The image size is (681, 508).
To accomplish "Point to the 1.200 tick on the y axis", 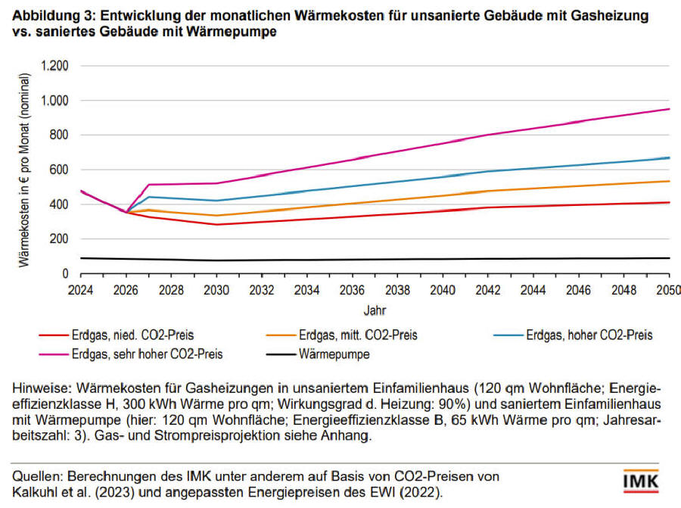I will [x=54, y=66].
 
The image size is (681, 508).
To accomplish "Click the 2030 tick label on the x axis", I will [x=216, y=290].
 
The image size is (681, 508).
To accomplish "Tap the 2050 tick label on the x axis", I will [x=668, y=290].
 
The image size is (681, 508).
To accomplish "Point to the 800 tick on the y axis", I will [x=59, y=136].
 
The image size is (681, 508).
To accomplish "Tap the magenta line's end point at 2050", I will [x=670, y=109].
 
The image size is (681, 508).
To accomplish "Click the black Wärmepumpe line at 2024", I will [x=80, y=258].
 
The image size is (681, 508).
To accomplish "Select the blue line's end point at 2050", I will [x=670, y=157].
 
